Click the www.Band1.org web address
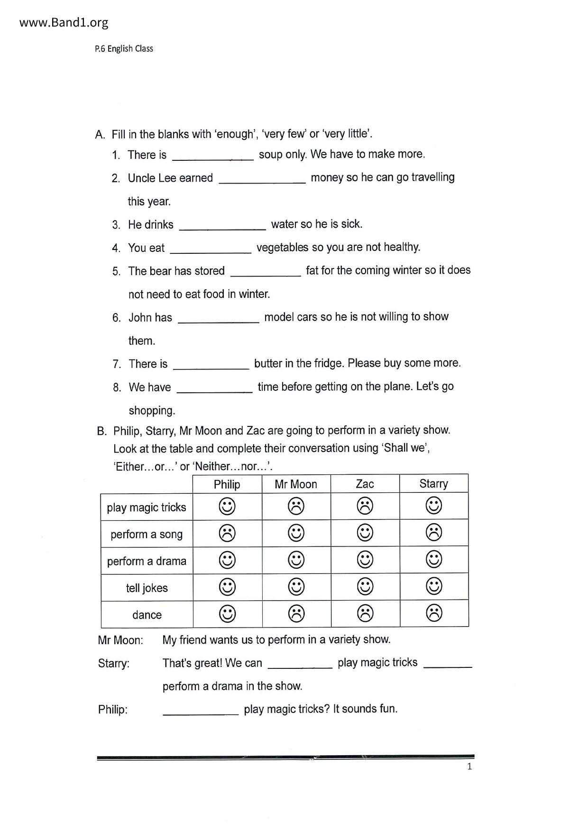pos(64,22)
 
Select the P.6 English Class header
pos(124,48)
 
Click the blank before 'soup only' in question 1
pos(213,157)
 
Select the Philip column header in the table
pos(227,484)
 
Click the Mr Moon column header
pos(296,484)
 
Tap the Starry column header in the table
pos(433,484)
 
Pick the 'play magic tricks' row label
pos(147,507)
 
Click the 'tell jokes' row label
pos(147,588)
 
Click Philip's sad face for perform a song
pos(227,533)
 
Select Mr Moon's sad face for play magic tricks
pos(296,506)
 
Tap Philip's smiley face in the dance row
pos(227,614)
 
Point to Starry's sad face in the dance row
pos(434,613)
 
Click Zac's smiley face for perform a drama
pos(365,560)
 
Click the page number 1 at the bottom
pos(469,767)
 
